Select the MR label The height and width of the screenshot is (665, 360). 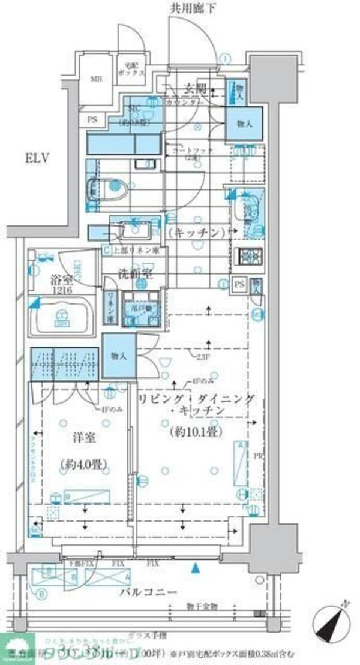point(96,79)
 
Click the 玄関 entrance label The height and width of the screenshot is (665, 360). point(195,89)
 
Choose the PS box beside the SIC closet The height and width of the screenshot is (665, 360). point(93,119)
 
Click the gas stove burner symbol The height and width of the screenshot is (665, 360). point(250,256)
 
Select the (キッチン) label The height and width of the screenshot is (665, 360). point(197,231)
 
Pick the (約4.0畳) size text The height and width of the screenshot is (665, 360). point(79,464)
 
